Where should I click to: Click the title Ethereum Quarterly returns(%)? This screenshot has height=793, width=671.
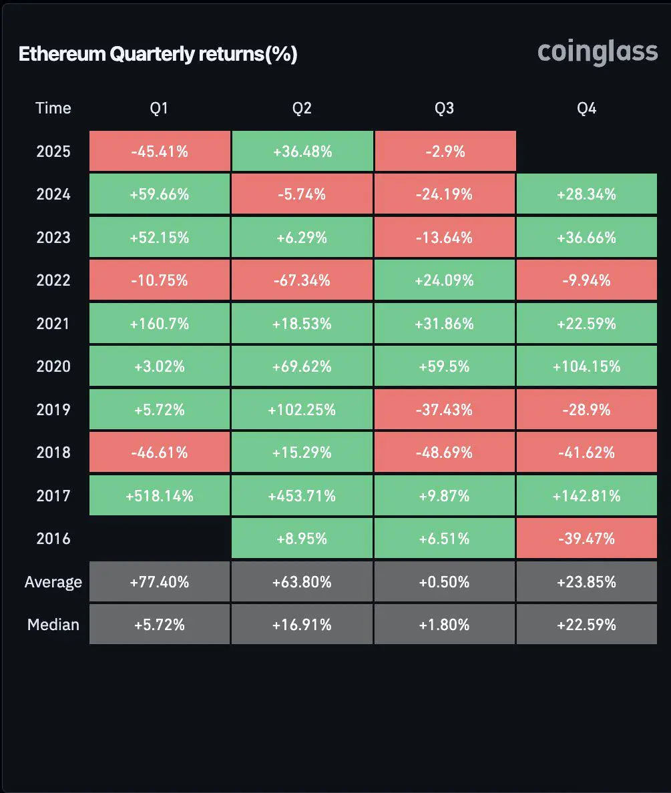(x=158, y=54)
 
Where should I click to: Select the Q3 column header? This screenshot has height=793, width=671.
(x=444, y=108)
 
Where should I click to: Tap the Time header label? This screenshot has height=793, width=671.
(x=53, y=108)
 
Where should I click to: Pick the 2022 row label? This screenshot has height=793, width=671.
(x=53, y=280)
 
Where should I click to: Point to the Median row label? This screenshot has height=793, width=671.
(x=53, y=625)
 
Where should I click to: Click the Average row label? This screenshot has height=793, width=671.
(x=53, y=582)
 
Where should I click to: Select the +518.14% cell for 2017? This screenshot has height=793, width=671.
(x=160, y=496)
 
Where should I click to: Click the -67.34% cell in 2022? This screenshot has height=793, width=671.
(x=302, y=280)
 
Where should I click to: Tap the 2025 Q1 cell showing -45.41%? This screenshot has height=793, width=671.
(x=160, y=152)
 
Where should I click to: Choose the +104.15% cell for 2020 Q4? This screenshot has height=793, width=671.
(x=586, y=366)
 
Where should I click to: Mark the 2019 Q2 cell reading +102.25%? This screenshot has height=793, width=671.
(x=302, y=410)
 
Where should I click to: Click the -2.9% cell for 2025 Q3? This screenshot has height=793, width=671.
(x=444, y=152)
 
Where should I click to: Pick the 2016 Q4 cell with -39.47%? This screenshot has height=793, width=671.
(x=586, y=539)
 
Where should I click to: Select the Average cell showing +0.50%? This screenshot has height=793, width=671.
(x=444, y=582)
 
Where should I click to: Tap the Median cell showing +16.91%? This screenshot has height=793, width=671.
(x=302, y=625)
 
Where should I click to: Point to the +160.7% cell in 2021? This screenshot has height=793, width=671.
(x=160, y=324)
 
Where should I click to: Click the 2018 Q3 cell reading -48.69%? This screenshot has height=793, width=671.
(x=444, y=453)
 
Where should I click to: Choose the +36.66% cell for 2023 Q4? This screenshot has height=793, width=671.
(x=586, y=238)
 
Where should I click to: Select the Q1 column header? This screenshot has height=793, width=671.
(x=160, y=108)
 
